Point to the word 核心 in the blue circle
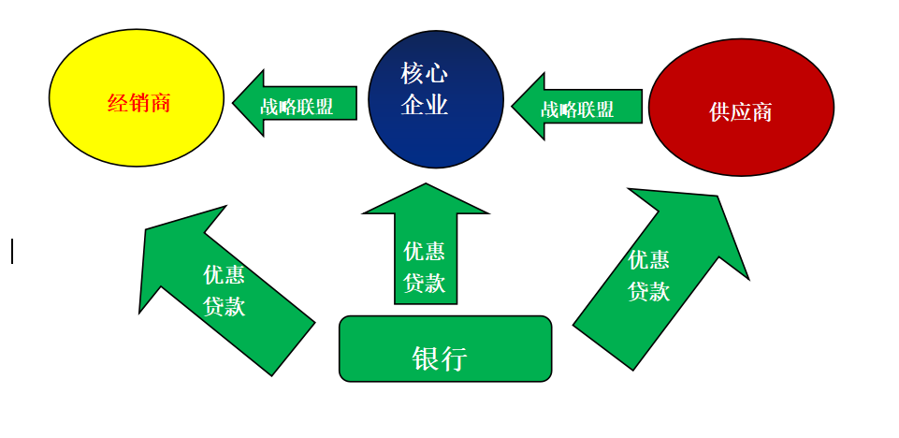(x=424, y=74)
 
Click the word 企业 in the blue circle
(x=424, y=105)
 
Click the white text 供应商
(x=741, y=112)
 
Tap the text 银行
(x=439, y=358)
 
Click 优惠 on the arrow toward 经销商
(x=225, y=275)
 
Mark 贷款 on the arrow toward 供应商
(x=648, y=291)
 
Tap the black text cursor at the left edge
(x=12, y=251)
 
